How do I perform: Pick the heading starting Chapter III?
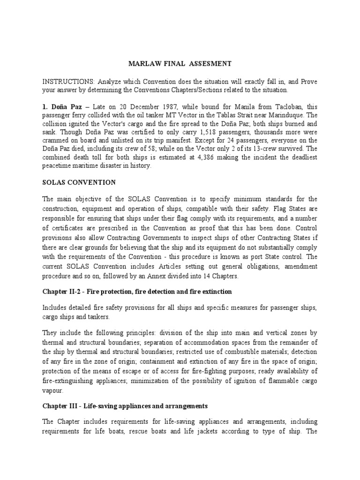coord(125,405)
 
